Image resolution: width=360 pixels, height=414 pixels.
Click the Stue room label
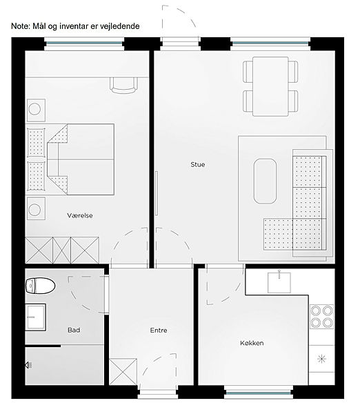pyautogui.click(x=198, y=164)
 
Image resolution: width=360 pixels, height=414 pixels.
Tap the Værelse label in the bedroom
pyautogui.click(x=80, y=215)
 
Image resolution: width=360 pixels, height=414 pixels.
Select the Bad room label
pyautogui.click(x=74, y=330)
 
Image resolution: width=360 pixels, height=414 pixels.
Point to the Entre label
pyautogui.click(x=159, y=330)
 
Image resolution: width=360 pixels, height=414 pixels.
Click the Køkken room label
pyautogui.click(x=252, y=343)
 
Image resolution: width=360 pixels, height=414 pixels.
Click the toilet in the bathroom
pyautogui.click(x=40, y=286)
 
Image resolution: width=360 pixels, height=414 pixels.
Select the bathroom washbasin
pyautogui.click(x=35, y=317)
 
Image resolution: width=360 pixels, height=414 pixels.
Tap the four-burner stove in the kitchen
pyautogui.click(x=321, y=317)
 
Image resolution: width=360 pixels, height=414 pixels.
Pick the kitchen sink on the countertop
pyautogui.click(x=279, y=282)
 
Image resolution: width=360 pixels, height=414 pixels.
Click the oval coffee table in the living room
pyautogui.click(x=265, y=181)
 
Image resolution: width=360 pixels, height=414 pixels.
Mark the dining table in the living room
pyautogui.click(x=270, y=86)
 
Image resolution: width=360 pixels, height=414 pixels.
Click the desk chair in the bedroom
pyautogui.click(x=123, y=85)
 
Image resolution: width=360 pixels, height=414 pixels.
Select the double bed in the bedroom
pyautogui.click(x=81, y=159)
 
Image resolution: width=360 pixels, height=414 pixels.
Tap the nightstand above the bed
pyautogui.click(x=36, y=110)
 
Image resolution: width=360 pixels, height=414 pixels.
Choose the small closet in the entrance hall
pyautogui.click(x=123, y=371)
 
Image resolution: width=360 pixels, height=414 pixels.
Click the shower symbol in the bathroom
pyautogui.click(x=28, y=365)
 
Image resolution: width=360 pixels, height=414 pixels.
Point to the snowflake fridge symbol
pyautogui.click(x=322, y=359)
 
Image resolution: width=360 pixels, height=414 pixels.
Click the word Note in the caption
pyautogui.click(x=20, y=26)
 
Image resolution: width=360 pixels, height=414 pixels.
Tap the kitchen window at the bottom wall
pyautogui.click(x=259, y=393)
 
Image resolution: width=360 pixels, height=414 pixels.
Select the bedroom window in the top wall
pyautogui.click(x=84, y=43)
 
